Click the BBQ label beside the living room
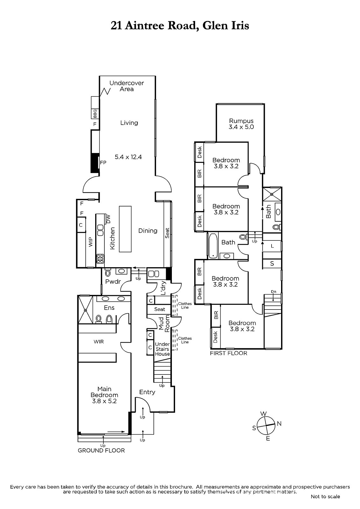(x=95, y=114)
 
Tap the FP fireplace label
(x=103, y=163)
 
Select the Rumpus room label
(x=241, y=121)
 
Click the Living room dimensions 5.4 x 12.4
(x=128, y=157)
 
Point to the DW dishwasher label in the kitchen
(x=108, y=219)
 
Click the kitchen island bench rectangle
(x=125, y=229)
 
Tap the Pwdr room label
(x=113, y=282)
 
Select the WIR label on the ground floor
(x=99, y=342)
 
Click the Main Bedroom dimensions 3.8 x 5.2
(x=104, y=401)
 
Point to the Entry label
(x=147, y=392)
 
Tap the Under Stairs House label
(x=162, y=349)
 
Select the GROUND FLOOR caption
(x=101, y=450)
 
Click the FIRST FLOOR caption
(x=228, y=353)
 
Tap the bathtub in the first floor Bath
(x=213, y=246)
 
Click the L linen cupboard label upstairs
(x=272, y=246)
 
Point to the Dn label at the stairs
(x=274, y=291)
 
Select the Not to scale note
(x=325, y=497)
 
